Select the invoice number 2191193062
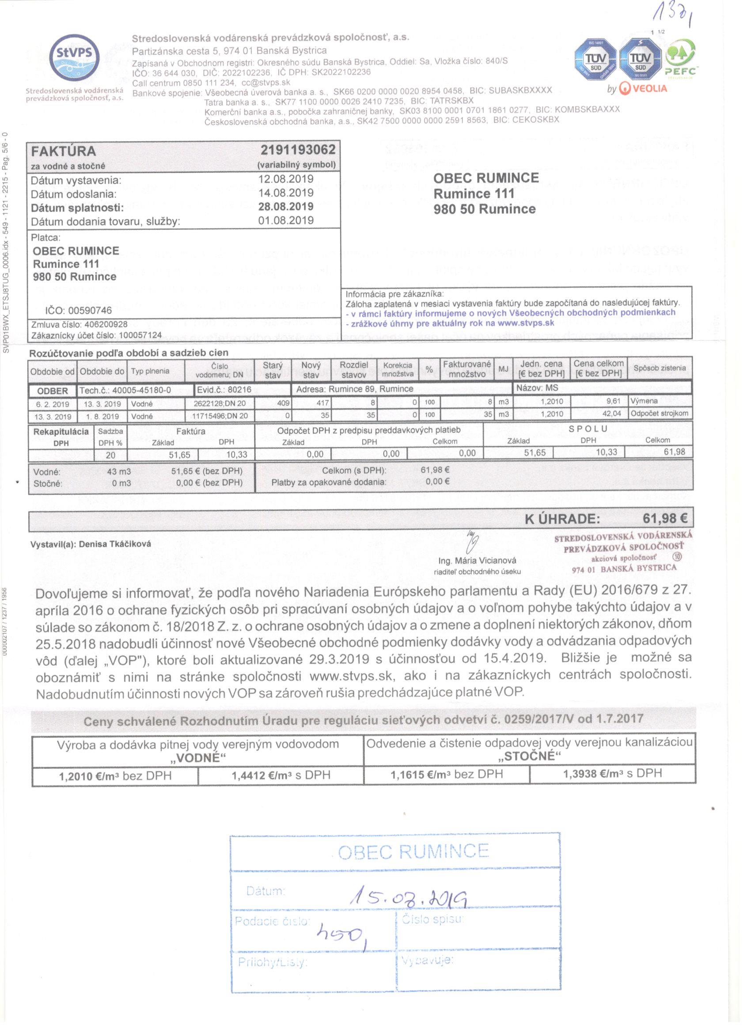coord(298,149)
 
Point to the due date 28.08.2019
coord(285,206)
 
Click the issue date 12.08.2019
coord(285,179)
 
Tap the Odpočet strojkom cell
coord(659,414)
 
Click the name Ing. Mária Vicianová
coord(477,561)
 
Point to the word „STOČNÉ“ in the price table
coord(529,756)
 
